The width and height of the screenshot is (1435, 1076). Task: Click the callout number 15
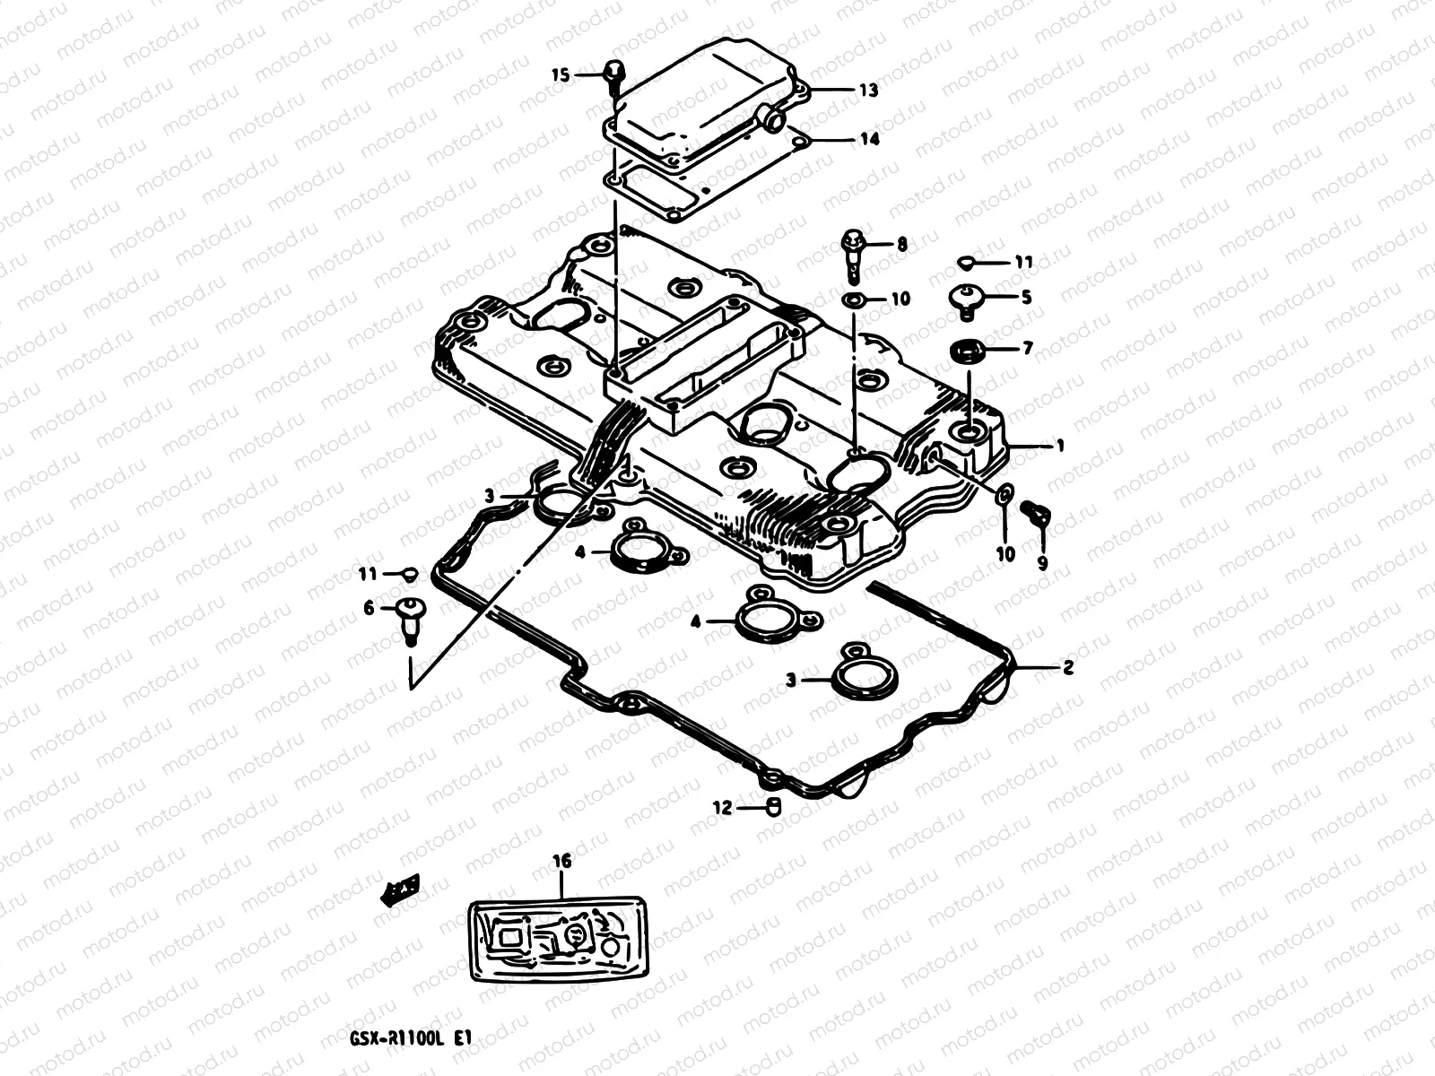point(560,76)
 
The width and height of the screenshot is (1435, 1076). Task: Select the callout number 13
point(868,91)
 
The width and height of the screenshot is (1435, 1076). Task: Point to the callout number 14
point(868,140)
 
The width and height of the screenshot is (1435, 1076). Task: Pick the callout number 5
point(1025,297)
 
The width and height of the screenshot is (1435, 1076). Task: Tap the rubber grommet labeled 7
point(966,350)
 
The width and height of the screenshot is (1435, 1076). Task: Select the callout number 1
point(1060,446)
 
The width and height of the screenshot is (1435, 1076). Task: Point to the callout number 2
point(1067,668)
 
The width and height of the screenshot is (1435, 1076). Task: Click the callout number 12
point(723,807)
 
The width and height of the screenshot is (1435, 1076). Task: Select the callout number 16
point(561,863)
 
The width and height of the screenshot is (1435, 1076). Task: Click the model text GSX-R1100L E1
point(409,1038)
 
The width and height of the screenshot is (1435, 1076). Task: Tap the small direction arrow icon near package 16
point(401,887)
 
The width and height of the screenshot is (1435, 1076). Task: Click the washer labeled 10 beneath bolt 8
point(853,299)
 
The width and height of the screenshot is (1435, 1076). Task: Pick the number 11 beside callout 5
point(1023,263)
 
